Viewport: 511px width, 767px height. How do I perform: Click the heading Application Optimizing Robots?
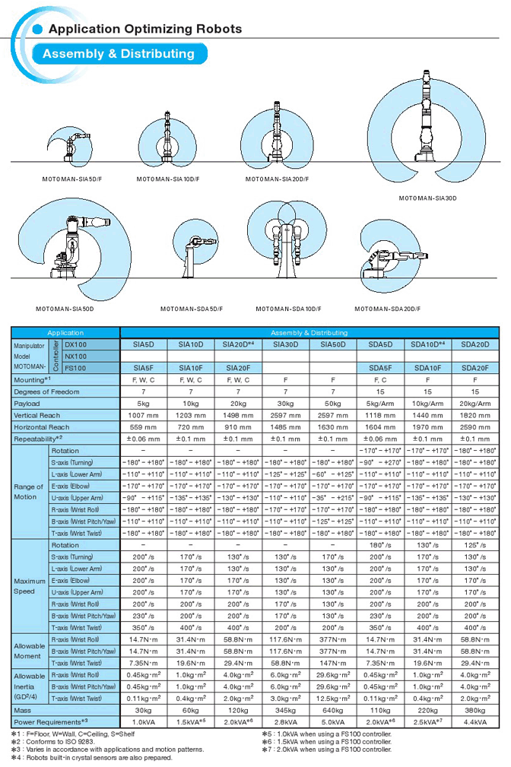[144, 29]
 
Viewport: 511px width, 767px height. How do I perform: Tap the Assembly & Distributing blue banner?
[119, 54]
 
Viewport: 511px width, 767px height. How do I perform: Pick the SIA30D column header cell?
[286, 344]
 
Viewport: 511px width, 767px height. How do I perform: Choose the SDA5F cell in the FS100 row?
[381, 368]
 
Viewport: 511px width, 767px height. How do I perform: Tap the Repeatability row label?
[38, 439]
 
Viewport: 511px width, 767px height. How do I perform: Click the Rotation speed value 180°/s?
[381, 545]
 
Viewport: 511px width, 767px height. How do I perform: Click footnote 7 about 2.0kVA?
[327, 749]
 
